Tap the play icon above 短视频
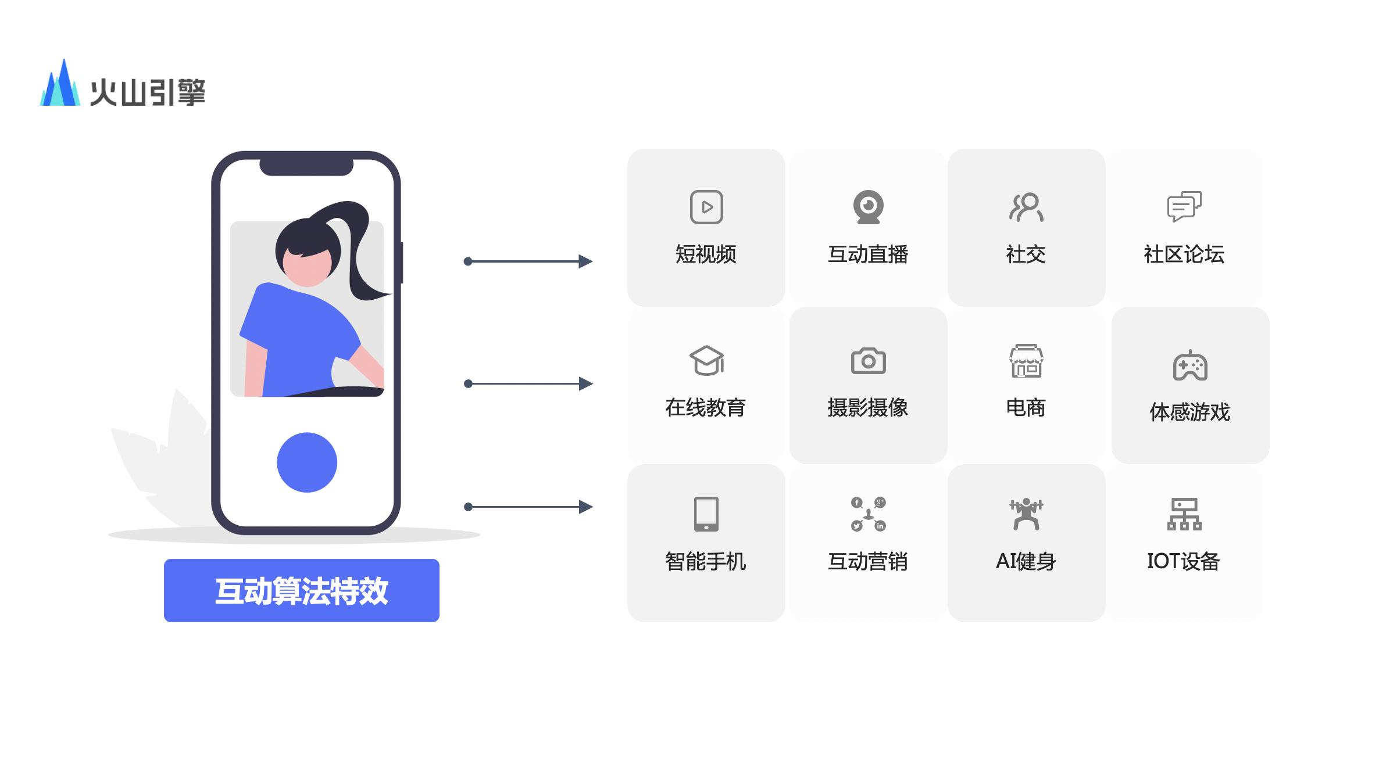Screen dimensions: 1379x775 point(706,207)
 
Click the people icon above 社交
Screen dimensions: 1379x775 point(1026,207)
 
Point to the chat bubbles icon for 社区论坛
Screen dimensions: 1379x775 point(1184,207)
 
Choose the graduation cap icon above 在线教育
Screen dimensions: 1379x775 point(706,361)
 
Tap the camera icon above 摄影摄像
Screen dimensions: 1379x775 point(868,361)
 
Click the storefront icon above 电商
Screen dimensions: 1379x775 point(1026,361)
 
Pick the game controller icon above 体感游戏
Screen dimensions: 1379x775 point(1190,365)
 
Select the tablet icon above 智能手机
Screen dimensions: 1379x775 point(706,514)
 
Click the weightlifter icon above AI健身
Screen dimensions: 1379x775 point(1026,514)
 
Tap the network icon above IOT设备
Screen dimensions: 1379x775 point(1184,514)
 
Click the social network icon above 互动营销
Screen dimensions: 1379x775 point(868,514)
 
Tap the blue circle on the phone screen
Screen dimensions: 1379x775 point(307,462)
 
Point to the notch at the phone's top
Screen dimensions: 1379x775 point(306,166)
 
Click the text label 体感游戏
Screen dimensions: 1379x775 point(1190,412)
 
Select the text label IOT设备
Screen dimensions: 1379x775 point(1184,561)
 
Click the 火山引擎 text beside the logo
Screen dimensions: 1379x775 point(148,92)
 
